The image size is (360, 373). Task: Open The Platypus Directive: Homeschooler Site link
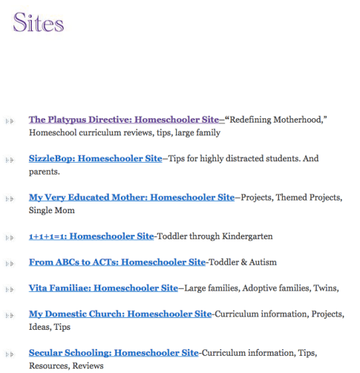click(x=125, y=119)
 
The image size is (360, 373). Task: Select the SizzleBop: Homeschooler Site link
click(x=95, y=158)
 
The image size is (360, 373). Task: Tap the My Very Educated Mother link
click(x=131, y=198)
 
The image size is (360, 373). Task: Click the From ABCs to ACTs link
click(x=117, y=262)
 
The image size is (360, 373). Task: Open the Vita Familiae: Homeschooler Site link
click(x=103, y=288)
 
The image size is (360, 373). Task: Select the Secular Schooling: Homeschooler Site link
click(x=114, y=353)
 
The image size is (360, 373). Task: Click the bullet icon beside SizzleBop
click(x=9, y=159)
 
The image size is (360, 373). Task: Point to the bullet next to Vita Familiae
click(x=9, y=289)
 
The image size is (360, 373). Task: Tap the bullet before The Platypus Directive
click(x=9, y=120)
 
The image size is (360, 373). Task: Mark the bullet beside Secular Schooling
click(x=9, y=354)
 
